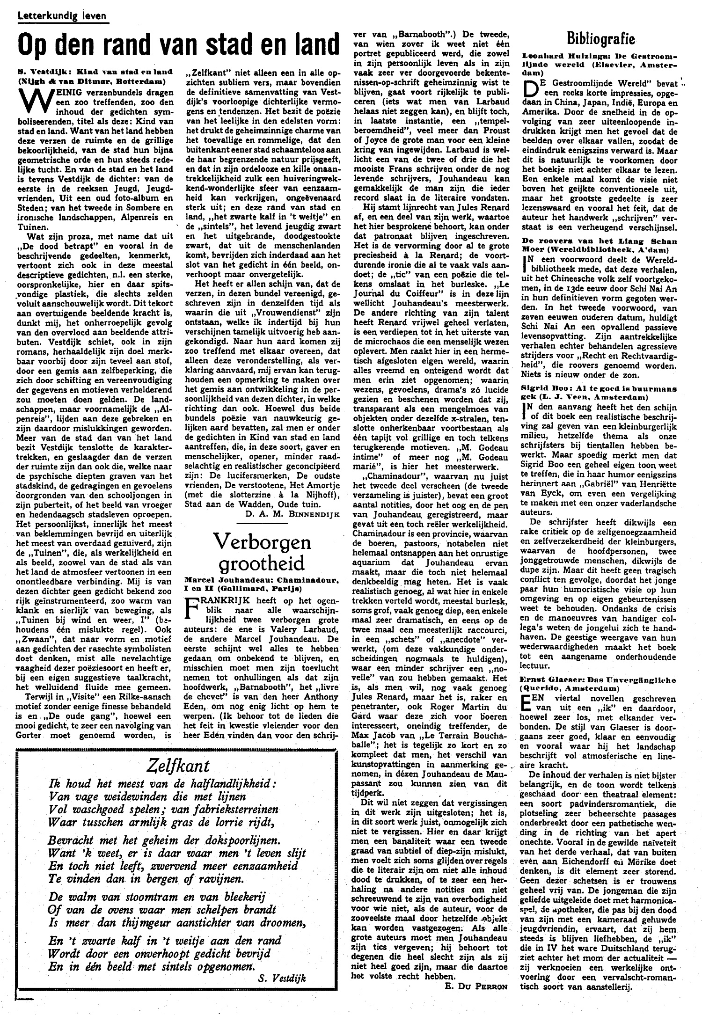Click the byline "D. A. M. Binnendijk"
point(285,515)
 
